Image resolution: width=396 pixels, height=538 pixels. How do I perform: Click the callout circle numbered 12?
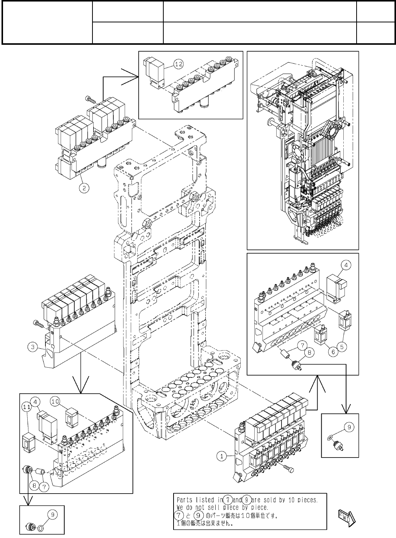pos(178,64)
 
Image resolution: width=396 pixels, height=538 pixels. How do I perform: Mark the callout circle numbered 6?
pos(333,351)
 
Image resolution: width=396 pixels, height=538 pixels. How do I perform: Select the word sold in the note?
pos(268,500)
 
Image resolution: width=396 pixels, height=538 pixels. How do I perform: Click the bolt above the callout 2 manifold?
pos(89,99)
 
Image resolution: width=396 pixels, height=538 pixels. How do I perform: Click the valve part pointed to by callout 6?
pos(320,334)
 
